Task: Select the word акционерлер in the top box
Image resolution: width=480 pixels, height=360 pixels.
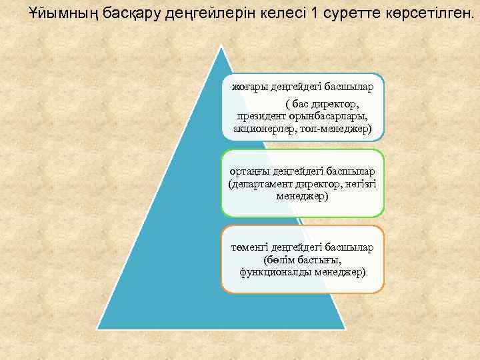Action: point(264,127)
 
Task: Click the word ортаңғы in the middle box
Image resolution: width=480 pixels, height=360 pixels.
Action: point(247,171)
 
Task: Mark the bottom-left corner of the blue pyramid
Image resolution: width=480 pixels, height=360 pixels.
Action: point(98,329)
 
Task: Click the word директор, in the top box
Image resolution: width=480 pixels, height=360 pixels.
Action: point(332,104)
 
